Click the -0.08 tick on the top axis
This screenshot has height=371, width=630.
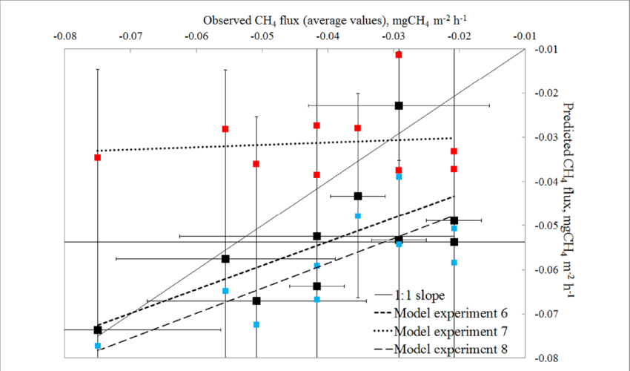66,35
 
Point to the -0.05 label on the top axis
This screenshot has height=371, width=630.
262,35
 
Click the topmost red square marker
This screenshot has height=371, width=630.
399,55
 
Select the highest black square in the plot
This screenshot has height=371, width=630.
399,105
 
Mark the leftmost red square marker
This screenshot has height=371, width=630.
98,157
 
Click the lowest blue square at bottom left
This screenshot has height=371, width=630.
98,346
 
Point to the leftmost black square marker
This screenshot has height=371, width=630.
98,329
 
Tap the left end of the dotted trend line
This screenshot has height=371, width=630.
98,151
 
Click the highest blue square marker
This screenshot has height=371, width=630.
399,177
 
